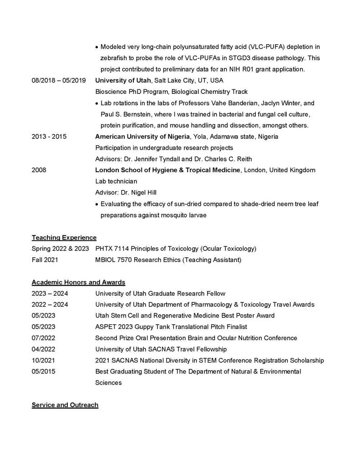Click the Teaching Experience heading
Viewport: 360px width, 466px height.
(64, 237)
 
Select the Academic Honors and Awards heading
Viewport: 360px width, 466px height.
(78, 282)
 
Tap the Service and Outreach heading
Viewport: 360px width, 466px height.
(65, 405)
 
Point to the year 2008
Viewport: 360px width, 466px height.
(39, 170)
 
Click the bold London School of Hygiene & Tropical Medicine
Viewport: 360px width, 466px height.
(167, 170)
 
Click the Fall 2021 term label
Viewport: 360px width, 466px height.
(45, 260)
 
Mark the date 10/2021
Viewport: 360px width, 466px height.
(43, 360)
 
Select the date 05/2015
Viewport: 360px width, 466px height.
(43, 371)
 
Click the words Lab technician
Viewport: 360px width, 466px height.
(116, 181)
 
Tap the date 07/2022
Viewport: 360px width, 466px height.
(43, 338)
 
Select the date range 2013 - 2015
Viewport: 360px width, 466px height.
(49, 137)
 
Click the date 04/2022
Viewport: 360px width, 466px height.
(43, 349)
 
